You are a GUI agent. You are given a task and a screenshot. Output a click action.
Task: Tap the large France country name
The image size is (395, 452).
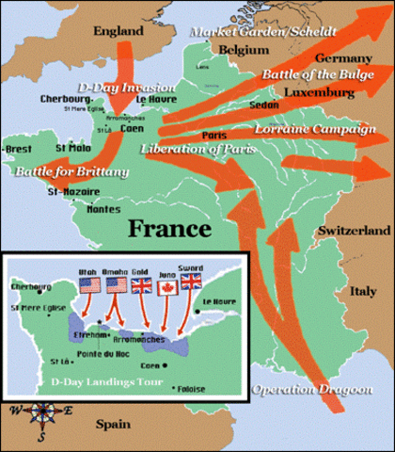point(168,227)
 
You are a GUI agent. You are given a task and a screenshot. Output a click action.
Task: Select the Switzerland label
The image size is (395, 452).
point(355,231)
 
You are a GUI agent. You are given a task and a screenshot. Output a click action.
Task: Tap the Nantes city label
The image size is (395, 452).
point(103,210)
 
